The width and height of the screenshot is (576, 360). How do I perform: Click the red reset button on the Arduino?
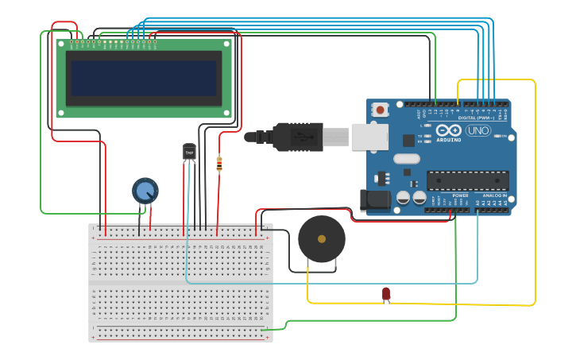point(381,110)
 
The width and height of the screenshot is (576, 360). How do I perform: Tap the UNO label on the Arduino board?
point(478,130)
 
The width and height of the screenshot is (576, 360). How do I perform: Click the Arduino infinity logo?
point(449,130)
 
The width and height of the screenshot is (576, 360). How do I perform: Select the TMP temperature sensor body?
point(189,152)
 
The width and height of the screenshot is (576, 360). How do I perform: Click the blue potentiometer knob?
point(145,191)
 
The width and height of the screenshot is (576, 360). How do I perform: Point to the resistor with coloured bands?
point(219,164)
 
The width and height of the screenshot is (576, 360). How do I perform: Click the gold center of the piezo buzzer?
point(322,238)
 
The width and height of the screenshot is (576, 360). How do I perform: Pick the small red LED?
point(386,294)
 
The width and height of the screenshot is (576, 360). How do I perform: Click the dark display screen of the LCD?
point(144,78)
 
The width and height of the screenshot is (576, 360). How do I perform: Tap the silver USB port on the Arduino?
point(369,137)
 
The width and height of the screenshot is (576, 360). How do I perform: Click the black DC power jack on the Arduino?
point(375,200)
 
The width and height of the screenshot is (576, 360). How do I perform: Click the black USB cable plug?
point(297,137)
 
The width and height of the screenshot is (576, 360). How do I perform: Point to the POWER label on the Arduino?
point(461,195)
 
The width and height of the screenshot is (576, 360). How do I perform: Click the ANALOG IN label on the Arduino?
point(495,195)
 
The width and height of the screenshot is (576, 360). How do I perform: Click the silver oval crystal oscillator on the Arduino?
point(406,158)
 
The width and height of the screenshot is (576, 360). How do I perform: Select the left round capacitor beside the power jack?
point(404,196)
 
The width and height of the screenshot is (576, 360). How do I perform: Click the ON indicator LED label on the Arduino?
point(503,136)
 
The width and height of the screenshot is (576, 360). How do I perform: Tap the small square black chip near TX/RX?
point(408,141)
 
